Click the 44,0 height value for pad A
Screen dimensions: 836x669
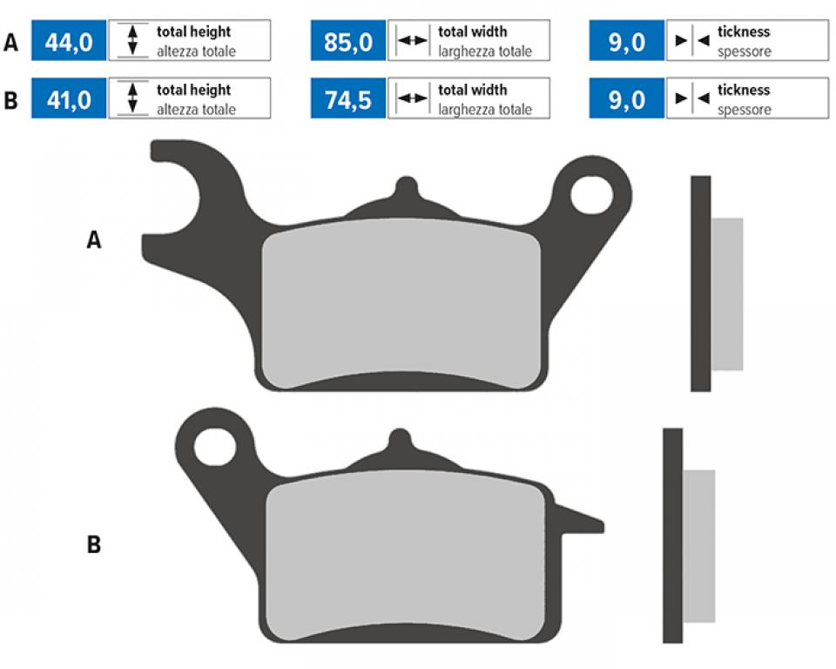coord(69,42)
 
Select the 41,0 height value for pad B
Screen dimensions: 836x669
coord(69,100)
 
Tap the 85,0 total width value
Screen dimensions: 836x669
coord(348,42)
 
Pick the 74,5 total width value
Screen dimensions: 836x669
coord(348,100)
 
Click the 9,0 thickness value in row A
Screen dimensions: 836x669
coord(626,42)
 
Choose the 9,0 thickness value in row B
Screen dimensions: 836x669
coord(626,100)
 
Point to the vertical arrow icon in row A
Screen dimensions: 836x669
coord(132,40)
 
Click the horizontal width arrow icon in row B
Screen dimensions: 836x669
coord(413,98)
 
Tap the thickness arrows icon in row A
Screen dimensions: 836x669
coord(692,40)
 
